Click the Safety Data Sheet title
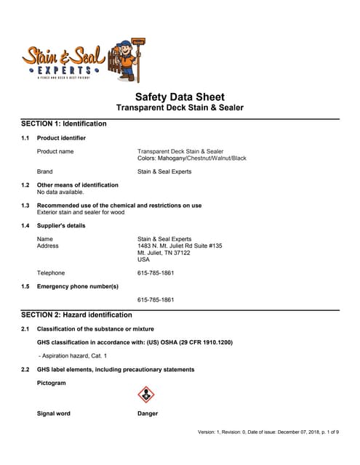tap(180, 97)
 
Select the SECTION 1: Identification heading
tap(63, 124)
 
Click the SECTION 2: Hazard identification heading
tap(76, 315)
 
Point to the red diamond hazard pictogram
tap(146, 395)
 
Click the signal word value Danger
tap(148, 413)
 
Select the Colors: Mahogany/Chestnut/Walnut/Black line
tap(192, 158)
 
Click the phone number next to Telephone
tap(156, 273)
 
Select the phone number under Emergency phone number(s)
tap(156, 299)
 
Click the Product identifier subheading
tap(61, 137)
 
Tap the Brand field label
tap(45, 171)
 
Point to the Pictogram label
tap(51, 382)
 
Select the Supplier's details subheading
tap(61, 225)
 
